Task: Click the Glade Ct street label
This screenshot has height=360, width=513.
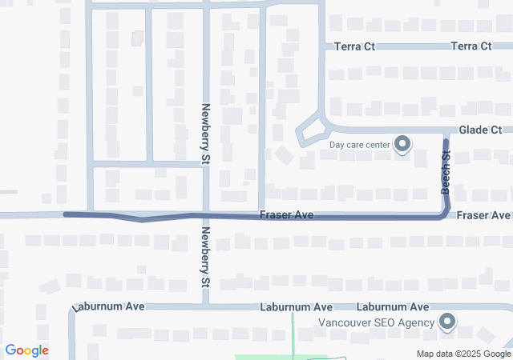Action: tap(480, 130)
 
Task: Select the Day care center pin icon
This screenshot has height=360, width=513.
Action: tap(403, 145)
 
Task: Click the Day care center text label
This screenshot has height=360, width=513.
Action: tap(360, 145)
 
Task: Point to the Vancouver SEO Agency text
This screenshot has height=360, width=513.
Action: tap(376, 322)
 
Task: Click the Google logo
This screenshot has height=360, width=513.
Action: tap(27, 350)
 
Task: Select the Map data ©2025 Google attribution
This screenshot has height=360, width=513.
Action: tap(463, 354)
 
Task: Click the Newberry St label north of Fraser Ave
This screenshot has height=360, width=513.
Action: tap(206, 134)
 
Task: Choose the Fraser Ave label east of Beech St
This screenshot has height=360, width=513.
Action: tap(484, 216)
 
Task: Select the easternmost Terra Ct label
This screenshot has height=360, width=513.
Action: tap(471, 47)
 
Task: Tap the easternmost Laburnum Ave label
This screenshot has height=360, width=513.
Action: tap(393, 306)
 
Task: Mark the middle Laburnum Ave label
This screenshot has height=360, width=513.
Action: tap(296, 307)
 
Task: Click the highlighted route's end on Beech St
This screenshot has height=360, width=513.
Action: tap(446, 142)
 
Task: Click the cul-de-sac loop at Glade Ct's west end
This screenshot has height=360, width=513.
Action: tap(312, 133)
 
